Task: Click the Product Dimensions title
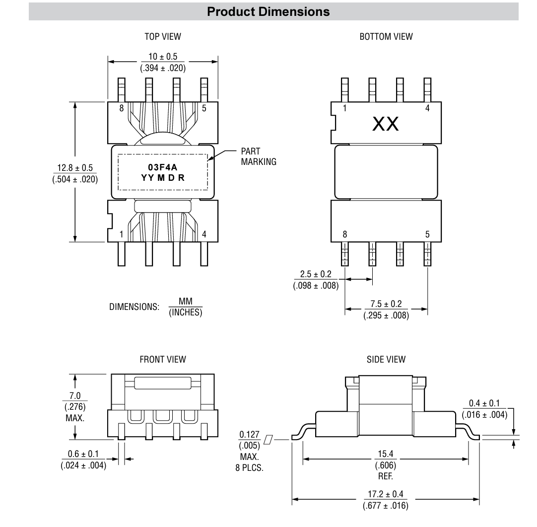click(x=268, y=12)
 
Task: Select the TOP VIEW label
click(x=162, y=36)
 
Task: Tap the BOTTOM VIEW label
click(x=386, y=36)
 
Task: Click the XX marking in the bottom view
click(x=386, y=124)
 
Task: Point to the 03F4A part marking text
click(x=162, y=168)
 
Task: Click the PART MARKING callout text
click(x=258, y=156)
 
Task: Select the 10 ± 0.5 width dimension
click(x=163, y=57)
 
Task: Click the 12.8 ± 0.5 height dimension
click(x=75, y=168)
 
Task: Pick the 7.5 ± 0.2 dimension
click(x=386, y=304)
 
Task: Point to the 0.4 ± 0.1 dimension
click(x=484, y=403)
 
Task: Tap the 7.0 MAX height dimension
click(x=74, y=396)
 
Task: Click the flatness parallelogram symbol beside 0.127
click(x=269, y=439)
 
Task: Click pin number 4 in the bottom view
click(x=427, y=108)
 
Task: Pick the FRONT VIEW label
click(x=162, y=359)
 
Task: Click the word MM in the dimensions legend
click(x=185, y=301)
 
